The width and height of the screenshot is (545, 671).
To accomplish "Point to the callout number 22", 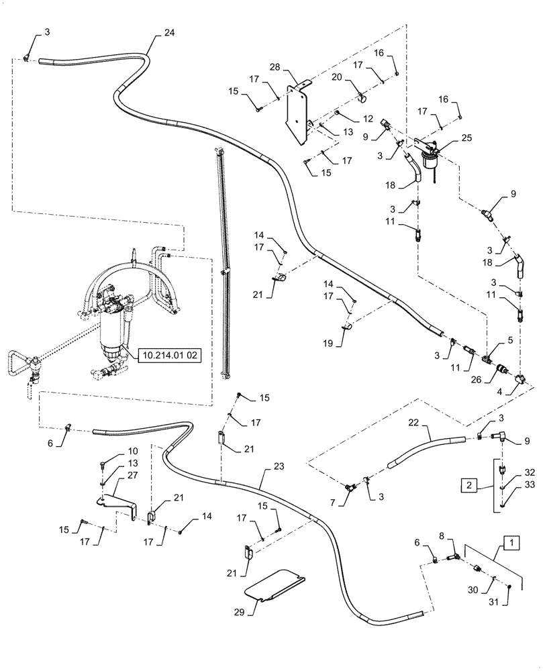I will coord(413,423).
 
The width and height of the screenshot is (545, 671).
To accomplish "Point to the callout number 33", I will coord(511,498).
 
